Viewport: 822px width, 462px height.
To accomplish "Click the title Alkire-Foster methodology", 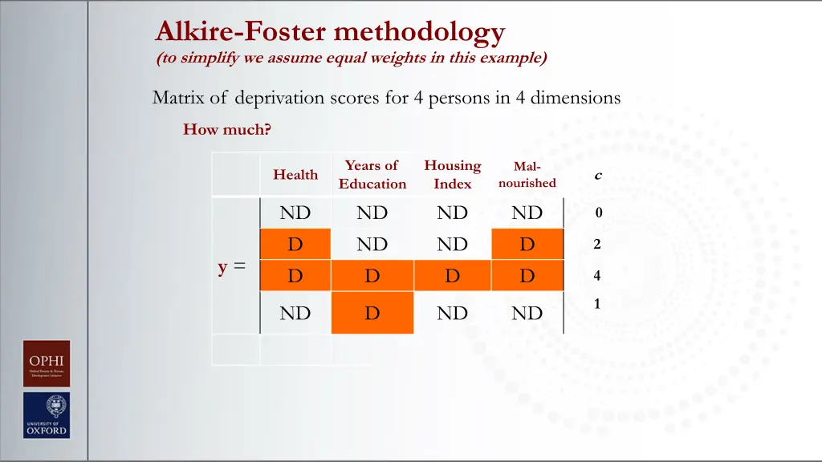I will (x=330, y=32).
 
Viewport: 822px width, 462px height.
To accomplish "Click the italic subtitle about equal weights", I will (x=352, y=58).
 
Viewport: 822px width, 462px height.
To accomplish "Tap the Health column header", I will (x=295, y=175).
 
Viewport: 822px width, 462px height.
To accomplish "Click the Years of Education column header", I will (x=372, y=175).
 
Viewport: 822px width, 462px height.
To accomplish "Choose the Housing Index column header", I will (x=453, y=175).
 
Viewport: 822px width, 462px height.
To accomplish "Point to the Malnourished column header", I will (x=527, y=175).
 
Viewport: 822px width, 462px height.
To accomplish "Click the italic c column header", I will (x=597, y=175).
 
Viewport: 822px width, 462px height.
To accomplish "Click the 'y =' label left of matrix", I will (x=232, y=267).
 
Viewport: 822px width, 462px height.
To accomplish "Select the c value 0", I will (x=598, y=213).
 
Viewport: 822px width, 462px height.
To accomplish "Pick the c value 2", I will (x=597, y=245).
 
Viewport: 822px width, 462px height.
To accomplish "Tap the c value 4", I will (x=597, y=276).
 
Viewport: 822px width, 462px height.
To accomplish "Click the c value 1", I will (x=597, y=304).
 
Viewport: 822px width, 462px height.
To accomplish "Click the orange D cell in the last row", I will (x=372, y=313).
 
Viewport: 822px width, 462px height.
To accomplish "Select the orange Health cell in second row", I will (x=295, y=245).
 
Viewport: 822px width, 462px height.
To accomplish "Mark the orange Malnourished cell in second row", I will (x=527, y=245).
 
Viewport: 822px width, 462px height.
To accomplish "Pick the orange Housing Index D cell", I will (x=453, y=276).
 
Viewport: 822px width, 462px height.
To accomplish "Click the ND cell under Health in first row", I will (x=295, y=213).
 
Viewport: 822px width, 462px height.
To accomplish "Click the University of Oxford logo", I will (x=47, y=415).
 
